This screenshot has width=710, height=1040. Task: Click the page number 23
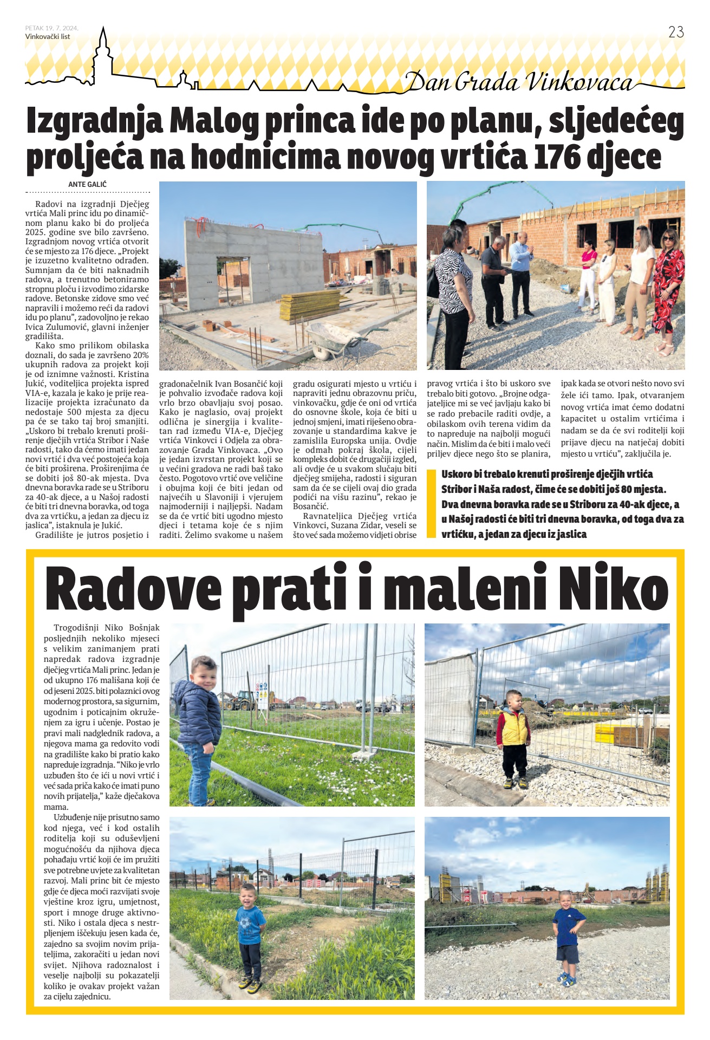click(x=676, y=32)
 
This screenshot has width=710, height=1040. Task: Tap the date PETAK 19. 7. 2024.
click(x=51, y=28)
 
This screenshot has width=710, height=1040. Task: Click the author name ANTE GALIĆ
click(x=87, y=184)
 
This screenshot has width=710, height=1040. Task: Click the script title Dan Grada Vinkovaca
click(x=519, y=82)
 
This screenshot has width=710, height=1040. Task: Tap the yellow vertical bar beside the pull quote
click(x=431, y=503)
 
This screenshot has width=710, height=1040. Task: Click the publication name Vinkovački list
click(x=48, y=37)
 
